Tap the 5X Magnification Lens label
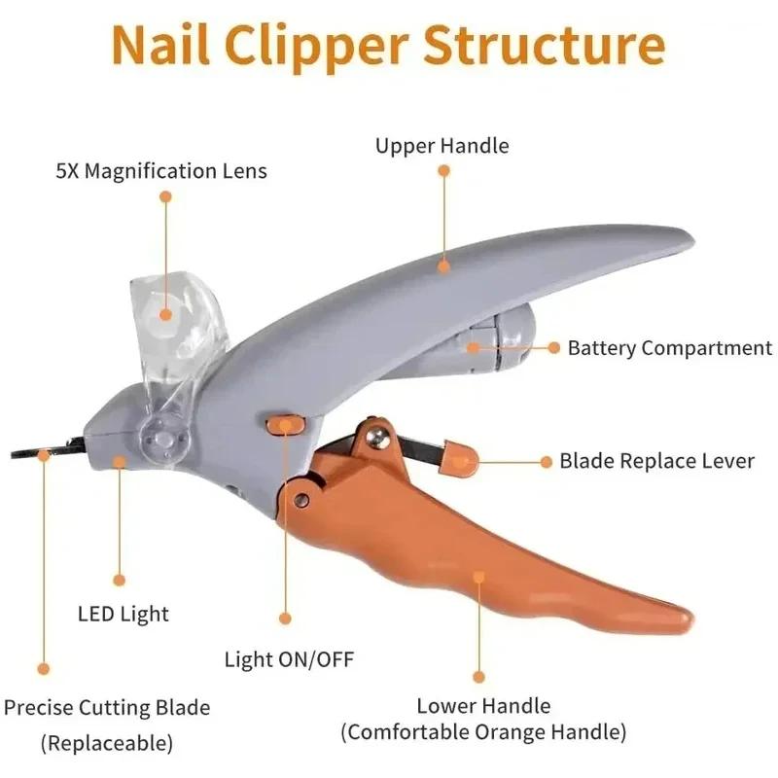point(160,171)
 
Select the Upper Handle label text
point(442,146)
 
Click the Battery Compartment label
point(670,347)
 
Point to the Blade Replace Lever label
point(656,461)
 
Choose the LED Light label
point(123,614)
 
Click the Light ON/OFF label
point(289,659)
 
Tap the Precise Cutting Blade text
point(107,708)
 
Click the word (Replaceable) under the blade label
point(107,744)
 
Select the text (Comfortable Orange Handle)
point(483,732)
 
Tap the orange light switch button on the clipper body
point(284,424)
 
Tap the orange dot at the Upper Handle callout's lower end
point(443,264)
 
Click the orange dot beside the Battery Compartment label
point(553,347)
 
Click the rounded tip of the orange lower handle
point(684,617)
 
